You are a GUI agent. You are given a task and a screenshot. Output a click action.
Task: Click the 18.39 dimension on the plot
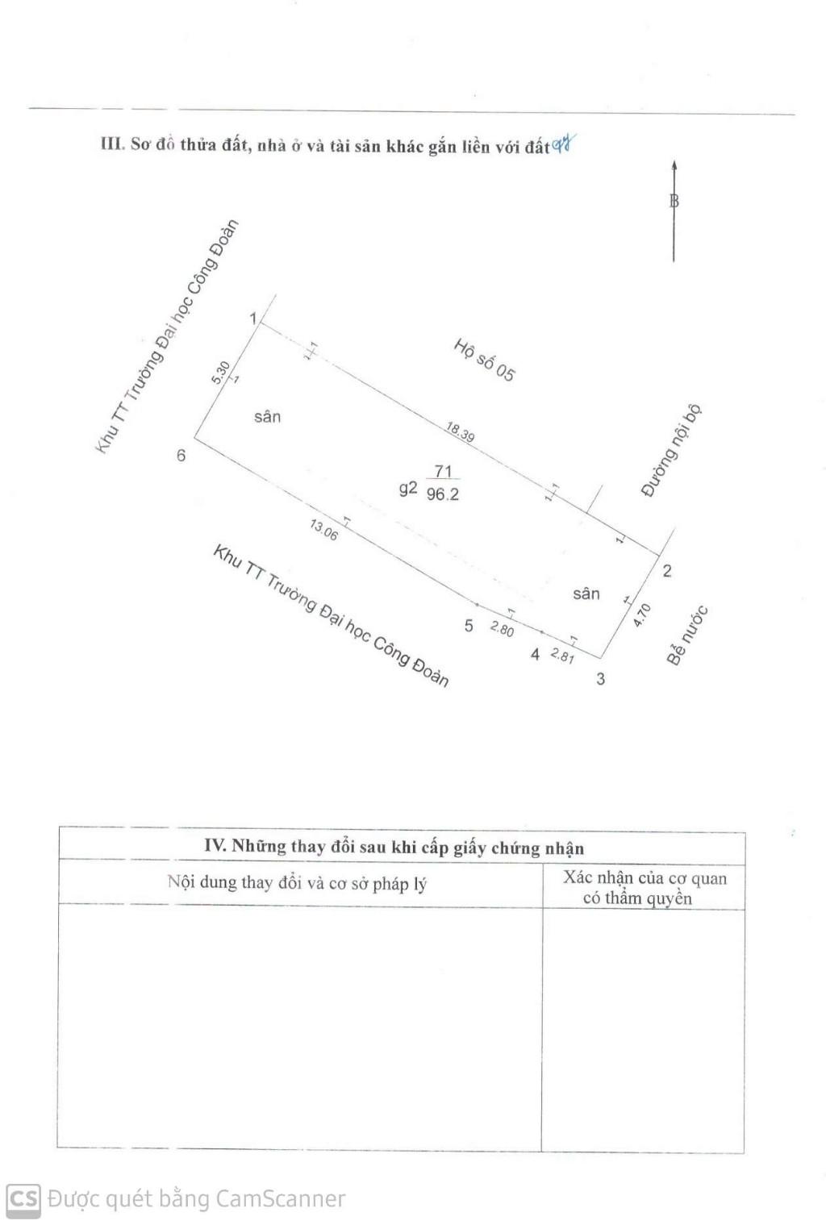(x=460, y=431)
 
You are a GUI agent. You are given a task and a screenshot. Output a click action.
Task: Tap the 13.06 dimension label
(x=323, y=529)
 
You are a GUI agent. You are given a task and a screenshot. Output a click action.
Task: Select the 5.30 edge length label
(x=221, y=373)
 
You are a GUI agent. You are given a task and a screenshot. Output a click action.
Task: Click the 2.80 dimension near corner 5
(x=503, y=629)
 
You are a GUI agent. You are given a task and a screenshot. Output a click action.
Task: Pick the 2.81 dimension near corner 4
(x=562, y=655)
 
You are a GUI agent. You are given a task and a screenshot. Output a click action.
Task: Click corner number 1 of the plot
(x=252, y=318)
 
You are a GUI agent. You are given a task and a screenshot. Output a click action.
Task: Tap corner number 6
(x=181, y=455)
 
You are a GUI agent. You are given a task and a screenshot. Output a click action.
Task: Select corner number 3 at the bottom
(x=600, y=679)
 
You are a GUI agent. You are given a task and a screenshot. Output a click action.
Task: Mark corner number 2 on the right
(x=667, y=571)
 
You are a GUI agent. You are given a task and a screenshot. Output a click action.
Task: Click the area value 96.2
(x=443, y=494)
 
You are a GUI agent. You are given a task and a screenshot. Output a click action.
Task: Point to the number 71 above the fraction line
(x=443, y=470)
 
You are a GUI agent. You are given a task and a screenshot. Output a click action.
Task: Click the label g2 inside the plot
(x=408, y=488)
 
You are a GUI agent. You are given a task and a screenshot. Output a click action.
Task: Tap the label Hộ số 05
(x=484, y=360)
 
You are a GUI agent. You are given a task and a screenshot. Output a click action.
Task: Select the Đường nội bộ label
(x=670, y=451)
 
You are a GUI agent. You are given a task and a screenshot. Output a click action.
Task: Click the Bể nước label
(x=687, y=635)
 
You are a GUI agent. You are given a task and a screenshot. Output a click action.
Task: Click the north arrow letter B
(x=674, y=201)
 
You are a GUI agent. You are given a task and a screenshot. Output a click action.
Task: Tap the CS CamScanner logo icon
(x=23, y=1199)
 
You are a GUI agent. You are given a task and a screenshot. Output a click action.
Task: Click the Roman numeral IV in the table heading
(x=215, y=845)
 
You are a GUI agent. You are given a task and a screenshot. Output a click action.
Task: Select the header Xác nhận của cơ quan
(x=645, y=878)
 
